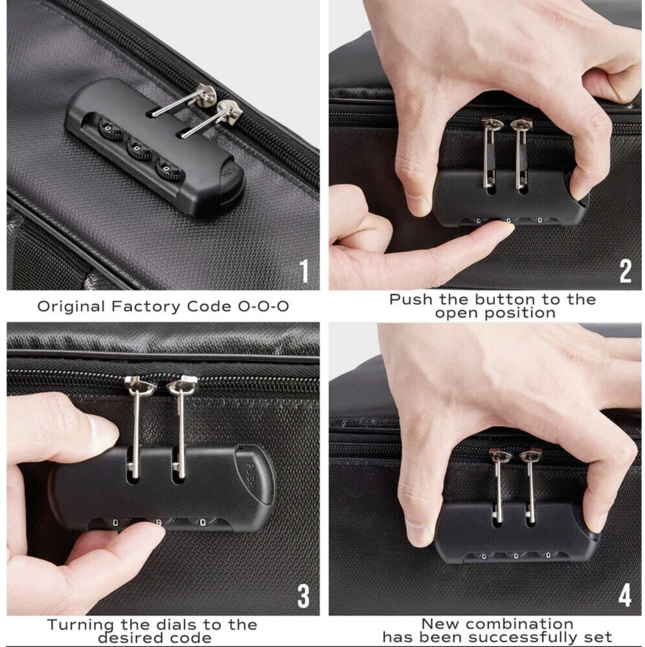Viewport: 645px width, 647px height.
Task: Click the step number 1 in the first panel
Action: coord(304,271)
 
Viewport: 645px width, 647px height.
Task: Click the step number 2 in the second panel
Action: coord(625,271)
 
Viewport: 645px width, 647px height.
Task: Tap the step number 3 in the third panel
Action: coord(304,597)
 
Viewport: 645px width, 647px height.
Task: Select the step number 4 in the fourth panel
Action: coord(625,597)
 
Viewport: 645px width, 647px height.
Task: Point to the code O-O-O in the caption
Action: coord(263,307)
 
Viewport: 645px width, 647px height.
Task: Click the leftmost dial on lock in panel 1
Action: coord(109,129)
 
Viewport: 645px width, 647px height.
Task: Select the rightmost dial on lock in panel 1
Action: coord(168,170)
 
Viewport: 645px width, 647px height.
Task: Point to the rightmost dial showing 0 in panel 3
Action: coord(202,522)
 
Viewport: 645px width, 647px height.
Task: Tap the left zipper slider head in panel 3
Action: coord(140,384)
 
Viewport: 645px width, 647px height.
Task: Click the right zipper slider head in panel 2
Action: coord(521,124)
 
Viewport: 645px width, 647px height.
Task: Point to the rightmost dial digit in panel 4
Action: coord(549,555)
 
